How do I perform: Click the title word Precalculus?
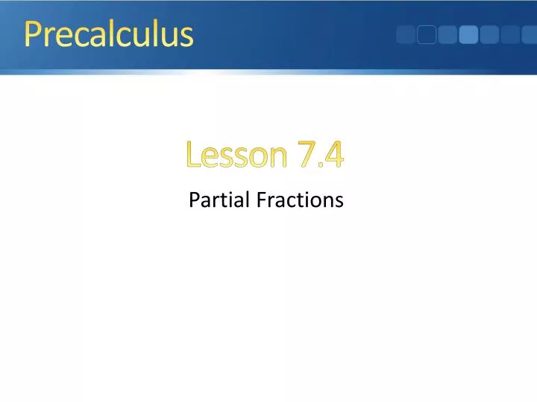point(109,34)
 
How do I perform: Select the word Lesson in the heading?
point(236,155)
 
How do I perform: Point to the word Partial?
point(220,200)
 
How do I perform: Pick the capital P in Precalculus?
point(32,34)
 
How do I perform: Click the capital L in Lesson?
point(193,155)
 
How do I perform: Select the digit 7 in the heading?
point(306,155)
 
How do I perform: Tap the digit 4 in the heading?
point(333,155)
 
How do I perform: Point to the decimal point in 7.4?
point(319,165)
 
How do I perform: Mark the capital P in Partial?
point(194,200)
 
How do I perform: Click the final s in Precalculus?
point(186,37)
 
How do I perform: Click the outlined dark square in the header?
point(427,35)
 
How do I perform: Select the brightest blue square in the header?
point(468,35)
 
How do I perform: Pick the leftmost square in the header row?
point(406,35)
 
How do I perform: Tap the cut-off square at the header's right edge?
point(531,35)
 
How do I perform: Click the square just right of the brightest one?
point(489,35)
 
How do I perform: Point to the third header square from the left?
point(447,35)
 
